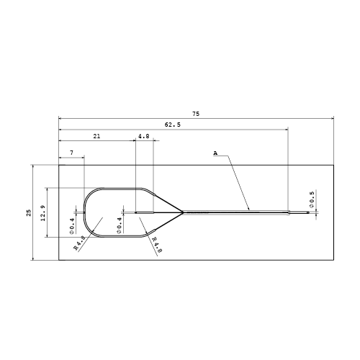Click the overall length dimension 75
point(196,114)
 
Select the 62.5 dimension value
point(173,125)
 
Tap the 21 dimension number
point(96,136)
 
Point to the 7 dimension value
point(72,153)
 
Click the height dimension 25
point(29,212)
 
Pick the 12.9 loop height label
point(43,213)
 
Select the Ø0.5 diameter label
point(312,199)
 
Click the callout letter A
point(215,153)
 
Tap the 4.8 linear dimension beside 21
point(144,136)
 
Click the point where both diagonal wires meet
point(183,212)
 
